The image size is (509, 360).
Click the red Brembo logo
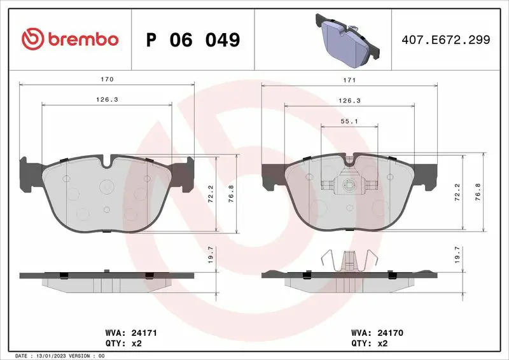tap(70, 39)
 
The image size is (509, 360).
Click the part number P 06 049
tap(193, 39)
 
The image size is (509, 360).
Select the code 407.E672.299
tap(446, 39)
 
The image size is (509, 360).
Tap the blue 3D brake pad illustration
tap(347, 41)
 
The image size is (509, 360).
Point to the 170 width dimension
tap(107, 80)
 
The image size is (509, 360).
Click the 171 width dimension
tap(349, 80)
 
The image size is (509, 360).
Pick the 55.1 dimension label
tap(349, 121)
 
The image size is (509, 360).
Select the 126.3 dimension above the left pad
tap(107, 100)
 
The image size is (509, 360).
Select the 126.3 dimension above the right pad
tap(349, 100)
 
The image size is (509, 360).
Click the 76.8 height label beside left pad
tap(231, 193)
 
